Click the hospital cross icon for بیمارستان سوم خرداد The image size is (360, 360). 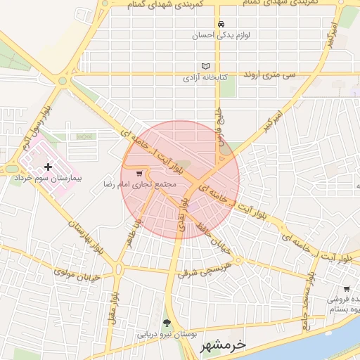[x=48, y=167]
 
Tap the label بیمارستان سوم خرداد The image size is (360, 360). [x=48, y=179]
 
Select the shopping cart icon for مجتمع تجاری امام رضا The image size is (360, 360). [x=139, y=173]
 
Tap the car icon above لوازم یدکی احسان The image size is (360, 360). [x=221, y=22]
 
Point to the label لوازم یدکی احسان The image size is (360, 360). [x=222, y=34]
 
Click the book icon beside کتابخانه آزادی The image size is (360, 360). [x=205, y=66]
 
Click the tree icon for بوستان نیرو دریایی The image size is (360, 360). [x=167, y=323]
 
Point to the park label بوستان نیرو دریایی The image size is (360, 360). [x=167, y=335]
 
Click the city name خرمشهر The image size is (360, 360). [x=223, y=345]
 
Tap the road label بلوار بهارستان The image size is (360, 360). [x=86, y=237]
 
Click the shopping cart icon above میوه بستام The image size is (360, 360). [x=347, y=288]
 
